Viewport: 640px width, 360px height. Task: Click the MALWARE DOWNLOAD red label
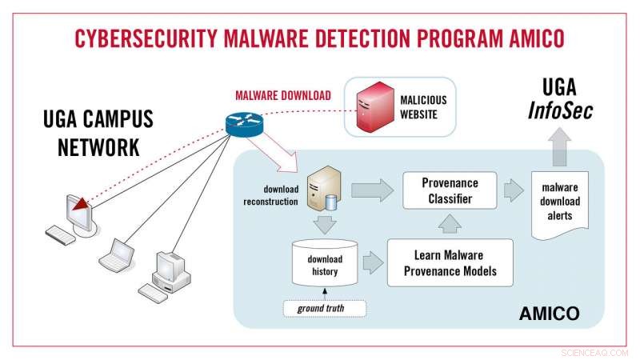coord(282,95)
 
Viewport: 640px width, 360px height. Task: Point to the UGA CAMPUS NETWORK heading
coord(98,134)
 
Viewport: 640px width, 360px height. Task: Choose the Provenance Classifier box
coord(449,190)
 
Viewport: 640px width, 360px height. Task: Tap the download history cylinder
coord(325,265)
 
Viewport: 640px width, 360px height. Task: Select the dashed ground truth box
coord(325,307)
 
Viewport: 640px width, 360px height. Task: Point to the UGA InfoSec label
coord(561,99)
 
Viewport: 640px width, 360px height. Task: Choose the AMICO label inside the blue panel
coord(550,310)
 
